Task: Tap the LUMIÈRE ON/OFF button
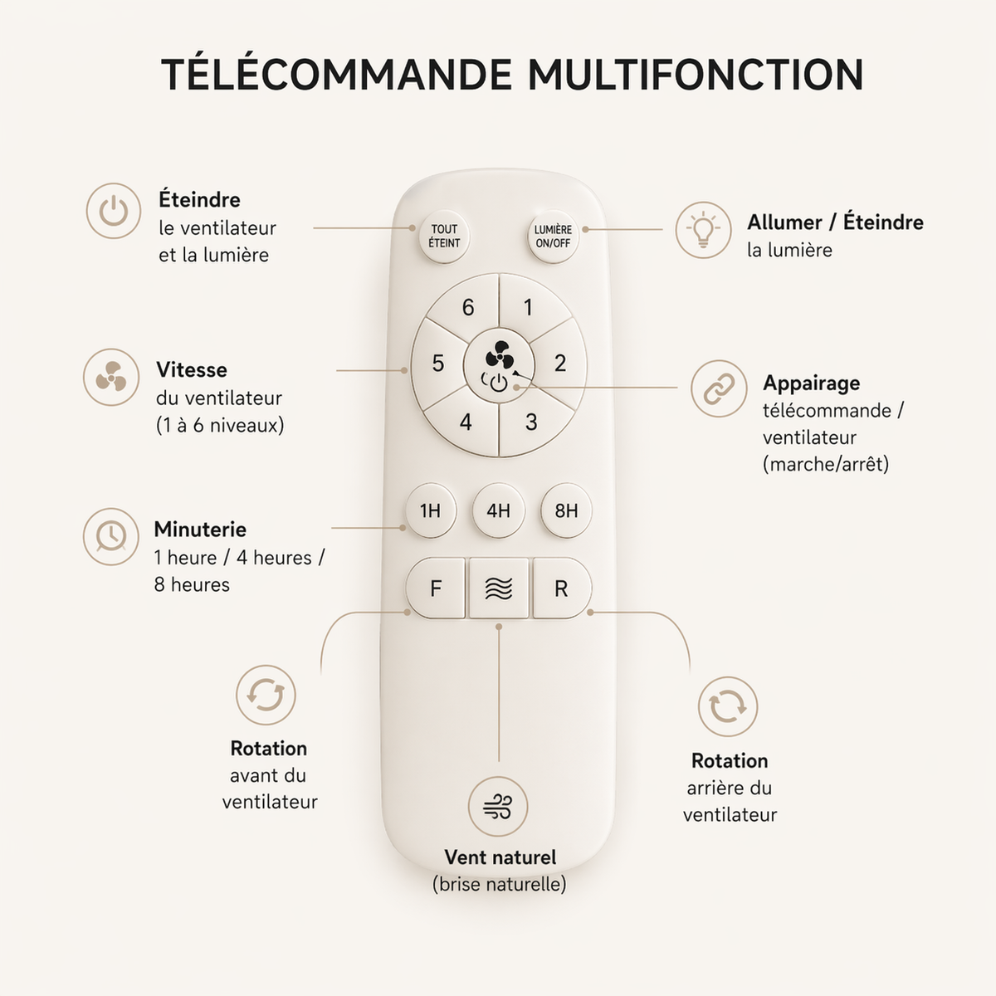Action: (553, 237)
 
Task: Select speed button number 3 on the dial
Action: (531, 422)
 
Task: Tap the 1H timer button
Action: (430, 510)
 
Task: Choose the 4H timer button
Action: (498, 510)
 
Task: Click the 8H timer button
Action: (566, 510)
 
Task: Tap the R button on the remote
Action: (561, 588)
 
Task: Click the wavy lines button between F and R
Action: (499, 588)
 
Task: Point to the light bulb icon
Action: (703, 230)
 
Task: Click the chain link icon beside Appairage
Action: (719, 388)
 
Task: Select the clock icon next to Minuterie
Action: (111, 536)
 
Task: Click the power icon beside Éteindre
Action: (114, 211)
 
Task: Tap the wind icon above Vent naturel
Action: (498, 806)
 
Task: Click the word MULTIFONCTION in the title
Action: (696, 75)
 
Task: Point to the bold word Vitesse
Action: (192, 370)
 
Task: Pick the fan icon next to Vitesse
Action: (111, 378)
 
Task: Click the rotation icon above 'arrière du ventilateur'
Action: (728, 706)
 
